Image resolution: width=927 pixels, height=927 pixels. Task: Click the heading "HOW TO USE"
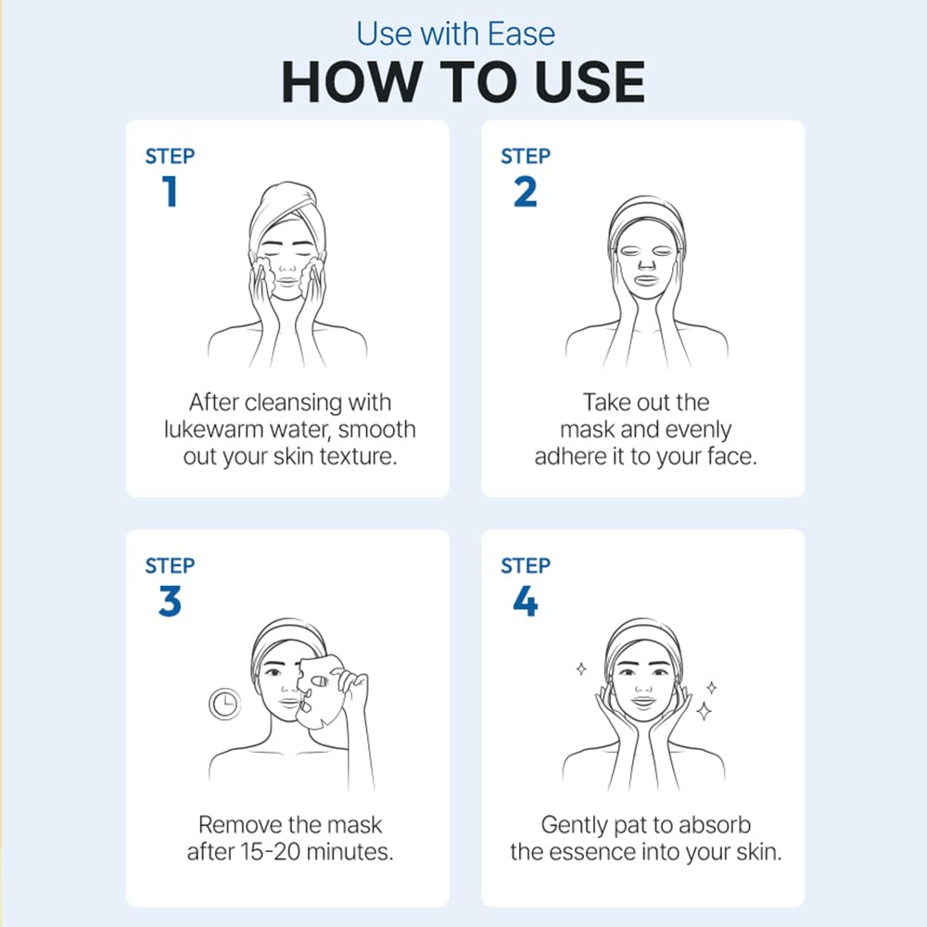463,83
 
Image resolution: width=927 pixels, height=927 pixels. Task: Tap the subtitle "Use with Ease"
456,33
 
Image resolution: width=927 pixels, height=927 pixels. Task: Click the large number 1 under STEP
170,191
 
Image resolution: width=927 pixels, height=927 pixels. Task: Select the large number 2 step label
525,192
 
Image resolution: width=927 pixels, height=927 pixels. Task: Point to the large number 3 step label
170,602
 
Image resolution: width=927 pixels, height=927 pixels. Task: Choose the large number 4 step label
525,602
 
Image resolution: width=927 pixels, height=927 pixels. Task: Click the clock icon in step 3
224,704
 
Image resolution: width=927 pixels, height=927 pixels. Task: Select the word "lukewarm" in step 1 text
213,430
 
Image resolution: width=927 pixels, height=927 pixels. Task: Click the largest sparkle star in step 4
704,711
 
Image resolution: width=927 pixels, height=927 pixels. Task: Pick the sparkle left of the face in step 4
581,668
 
